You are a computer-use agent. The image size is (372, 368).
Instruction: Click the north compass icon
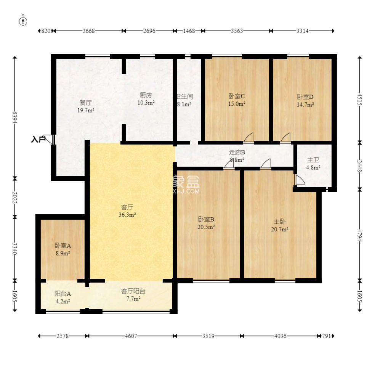23,21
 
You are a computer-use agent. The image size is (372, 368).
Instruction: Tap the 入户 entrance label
38,139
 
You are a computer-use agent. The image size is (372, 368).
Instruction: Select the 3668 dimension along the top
88,31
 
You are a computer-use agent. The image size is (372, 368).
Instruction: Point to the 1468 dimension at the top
189,31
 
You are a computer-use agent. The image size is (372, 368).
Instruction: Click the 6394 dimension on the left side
15,117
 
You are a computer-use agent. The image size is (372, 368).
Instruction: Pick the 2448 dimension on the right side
360,166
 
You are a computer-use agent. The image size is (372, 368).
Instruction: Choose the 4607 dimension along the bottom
131,336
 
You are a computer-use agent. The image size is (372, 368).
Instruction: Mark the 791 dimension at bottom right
326,336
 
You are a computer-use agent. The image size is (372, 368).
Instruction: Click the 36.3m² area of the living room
127,215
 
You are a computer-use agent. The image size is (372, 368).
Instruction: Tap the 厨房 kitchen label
146,95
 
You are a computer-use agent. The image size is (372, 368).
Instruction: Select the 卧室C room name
237,96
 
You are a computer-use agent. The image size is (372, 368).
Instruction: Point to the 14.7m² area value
305,104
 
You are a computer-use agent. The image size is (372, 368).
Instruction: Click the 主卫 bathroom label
313,160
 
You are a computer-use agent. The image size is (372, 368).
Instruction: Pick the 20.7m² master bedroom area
280,229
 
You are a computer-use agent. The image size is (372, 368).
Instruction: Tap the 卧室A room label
63,246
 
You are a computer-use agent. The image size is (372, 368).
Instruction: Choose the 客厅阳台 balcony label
133,291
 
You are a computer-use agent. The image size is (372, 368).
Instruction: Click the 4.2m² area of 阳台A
63,302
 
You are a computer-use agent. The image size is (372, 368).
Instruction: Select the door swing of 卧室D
285,137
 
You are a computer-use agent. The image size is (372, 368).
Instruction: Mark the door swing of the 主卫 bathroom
300,180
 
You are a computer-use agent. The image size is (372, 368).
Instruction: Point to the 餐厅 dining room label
86,103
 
